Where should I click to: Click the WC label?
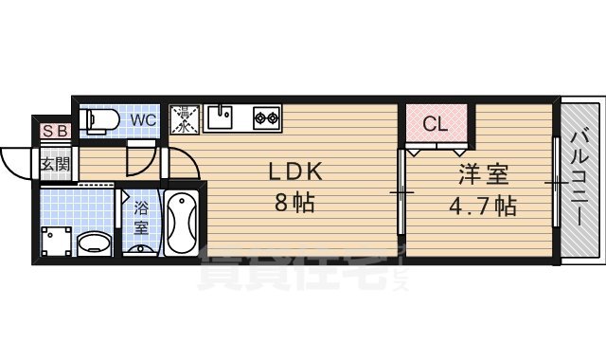point(143,120)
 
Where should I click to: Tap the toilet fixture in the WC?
point(100,120)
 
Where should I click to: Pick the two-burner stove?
point(266,118)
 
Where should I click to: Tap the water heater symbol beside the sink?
point(184,119)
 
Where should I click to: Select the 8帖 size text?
point(296,203)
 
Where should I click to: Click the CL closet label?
point(435,123)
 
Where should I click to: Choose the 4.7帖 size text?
point(481,206)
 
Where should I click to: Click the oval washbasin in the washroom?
point(93,243)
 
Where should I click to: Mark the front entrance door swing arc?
point(17,166)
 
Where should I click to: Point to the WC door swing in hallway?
point(141,158)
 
